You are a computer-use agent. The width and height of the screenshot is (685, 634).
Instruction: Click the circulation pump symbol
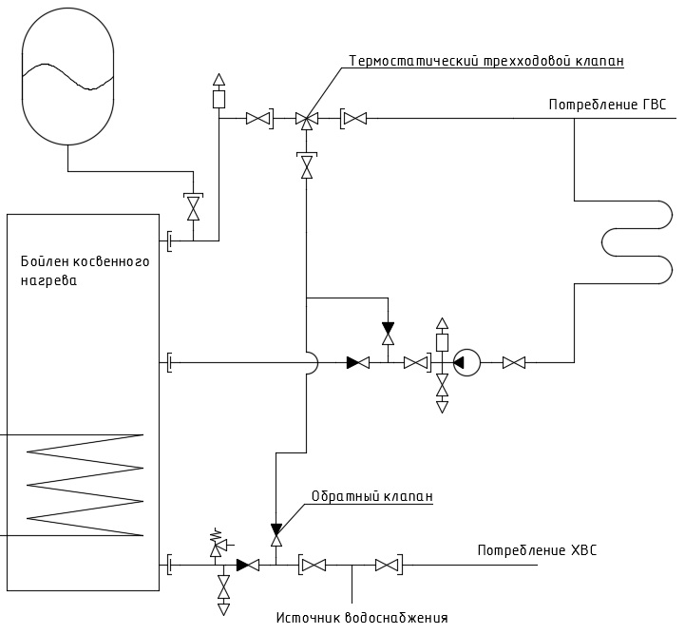click(x=466, y=362)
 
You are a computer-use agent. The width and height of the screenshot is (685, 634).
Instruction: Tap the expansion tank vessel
click(x=67, y=75)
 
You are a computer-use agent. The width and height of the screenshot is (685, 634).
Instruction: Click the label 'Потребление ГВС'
click(x=607, y=106)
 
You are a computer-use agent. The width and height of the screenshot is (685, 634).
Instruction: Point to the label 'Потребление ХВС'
click(x=537, y=549)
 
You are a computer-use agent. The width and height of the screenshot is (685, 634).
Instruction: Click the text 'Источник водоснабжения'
click(x=362, y=618)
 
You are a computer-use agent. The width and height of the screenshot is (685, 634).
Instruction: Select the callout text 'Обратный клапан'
click(x=372, y=496)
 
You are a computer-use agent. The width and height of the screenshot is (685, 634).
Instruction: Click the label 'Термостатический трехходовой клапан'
click(x=486, y=61)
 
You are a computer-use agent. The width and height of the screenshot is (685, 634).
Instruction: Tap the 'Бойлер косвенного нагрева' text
click(x=86, y=271)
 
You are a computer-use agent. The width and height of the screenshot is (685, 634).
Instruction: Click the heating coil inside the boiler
click(x=86, y=485)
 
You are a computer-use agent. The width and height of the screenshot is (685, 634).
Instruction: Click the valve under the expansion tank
click(x=193, y=206)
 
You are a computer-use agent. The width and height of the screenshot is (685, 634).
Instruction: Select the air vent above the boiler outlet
click(x=219, y=91)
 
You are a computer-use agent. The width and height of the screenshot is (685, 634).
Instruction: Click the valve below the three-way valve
click(x=307, y=165)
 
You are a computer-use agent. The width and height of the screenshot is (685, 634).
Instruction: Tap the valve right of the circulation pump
click(x=514, y=363)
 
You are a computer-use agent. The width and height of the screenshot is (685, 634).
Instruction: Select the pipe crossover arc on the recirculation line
click(x=314, y=363)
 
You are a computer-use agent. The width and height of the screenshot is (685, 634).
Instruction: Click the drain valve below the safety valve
click(x=223, y=592)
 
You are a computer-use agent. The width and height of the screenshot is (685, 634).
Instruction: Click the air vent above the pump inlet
click(x=443, y=335)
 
